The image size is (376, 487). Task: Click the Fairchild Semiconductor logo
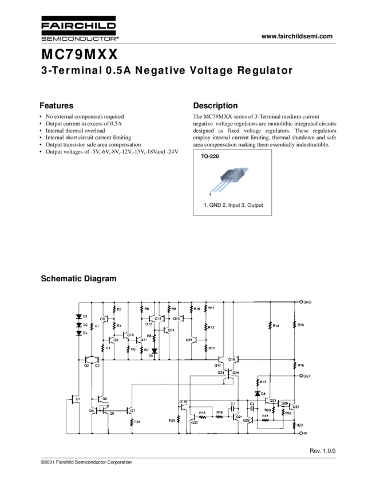click(x=80, y=29)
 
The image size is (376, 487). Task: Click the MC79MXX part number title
click(x=80, y=55)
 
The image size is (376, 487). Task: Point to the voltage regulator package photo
click(x=229, y=179)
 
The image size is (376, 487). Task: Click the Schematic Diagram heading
click(x=78, y=279)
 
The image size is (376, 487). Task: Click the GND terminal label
click(x=307, y=302)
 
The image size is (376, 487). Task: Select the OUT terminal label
click(x=307, y=376)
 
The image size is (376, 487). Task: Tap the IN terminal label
click(x=306, y=433)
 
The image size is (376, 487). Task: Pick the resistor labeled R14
click(x=270, y=325)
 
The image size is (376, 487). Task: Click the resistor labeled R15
click(x=295, y=325)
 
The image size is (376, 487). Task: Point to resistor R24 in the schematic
click(x=132, y=422)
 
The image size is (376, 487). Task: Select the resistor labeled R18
click(x=202, y=417)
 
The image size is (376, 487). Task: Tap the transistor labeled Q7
click(x=129, y=410)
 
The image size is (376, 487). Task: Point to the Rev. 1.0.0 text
click(x=323, y=451)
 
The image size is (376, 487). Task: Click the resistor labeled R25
click(x=179, y=420)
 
